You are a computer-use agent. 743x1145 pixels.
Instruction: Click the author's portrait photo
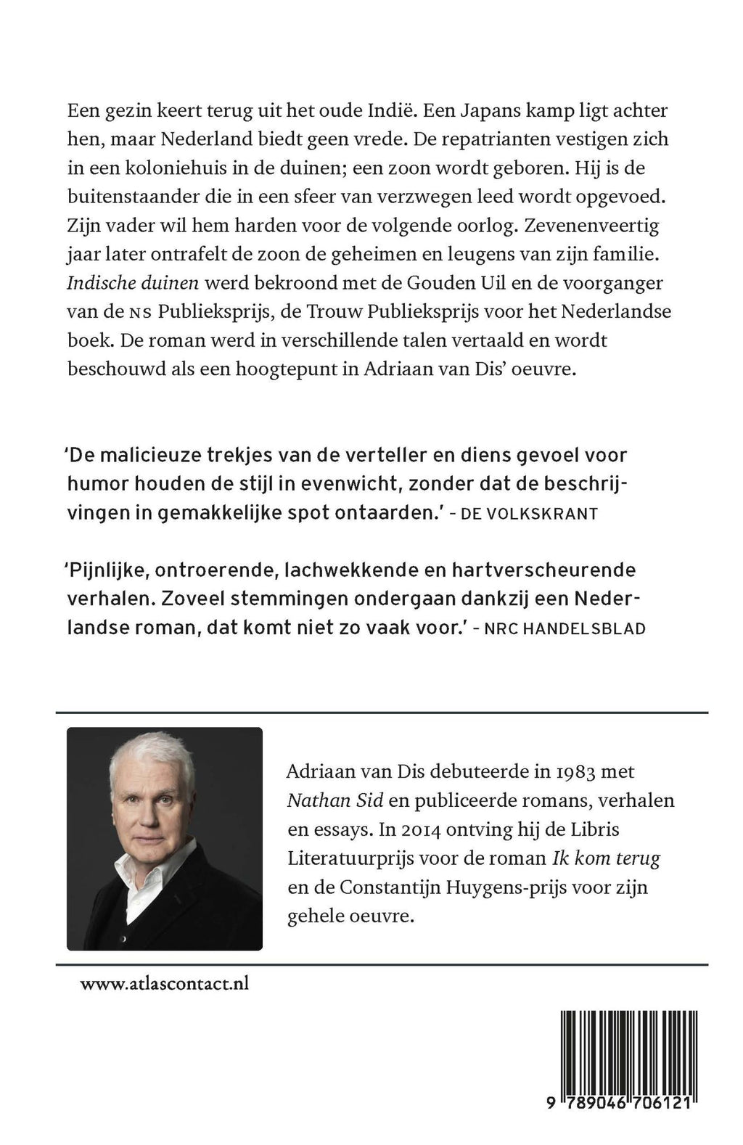165,838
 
